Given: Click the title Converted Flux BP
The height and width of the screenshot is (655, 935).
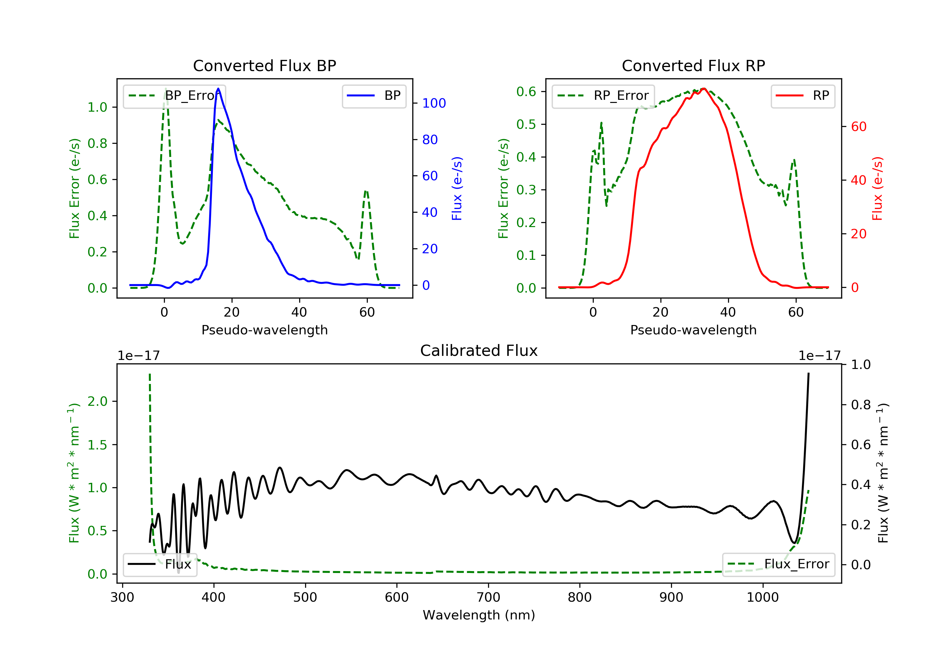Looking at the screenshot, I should [x=264, y=65].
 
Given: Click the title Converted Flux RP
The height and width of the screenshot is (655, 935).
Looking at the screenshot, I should [x=693, y=65].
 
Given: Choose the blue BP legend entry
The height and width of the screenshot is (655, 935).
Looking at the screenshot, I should [x=374, y=96].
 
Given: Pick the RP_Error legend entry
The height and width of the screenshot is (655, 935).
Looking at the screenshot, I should [x=603, y=96].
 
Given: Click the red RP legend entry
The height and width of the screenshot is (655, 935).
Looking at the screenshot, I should [x=803, y=96].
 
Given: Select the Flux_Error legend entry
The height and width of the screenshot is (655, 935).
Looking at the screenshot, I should [x=778, y=564].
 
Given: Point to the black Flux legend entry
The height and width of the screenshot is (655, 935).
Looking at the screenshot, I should [x=160, y=564].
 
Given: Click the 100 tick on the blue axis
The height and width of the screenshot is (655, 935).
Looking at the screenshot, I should [x=434, y=103].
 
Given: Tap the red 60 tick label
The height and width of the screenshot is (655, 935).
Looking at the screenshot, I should [x=858, y=127].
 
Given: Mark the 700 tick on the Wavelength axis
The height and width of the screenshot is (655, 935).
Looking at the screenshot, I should [x=488, y=598].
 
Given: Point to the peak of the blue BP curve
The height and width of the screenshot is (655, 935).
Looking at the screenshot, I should [x=218, y=89].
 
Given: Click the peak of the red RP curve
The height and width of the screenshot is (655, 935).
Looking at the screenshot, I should [x=704, y=89].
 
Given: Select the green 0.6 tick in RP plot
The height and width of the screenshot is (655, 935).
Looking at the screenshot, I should [x=526, y=92].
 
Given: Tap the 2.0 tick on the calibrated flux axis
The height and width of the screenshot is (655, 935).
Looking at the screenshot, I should [x=97, y=401].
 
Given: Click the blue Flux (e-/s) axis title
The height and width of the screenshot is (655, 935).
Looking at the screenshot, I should [x=457, y=188].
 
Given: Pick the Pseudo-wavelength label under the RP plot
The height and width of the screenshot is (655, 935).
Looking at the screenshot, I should [x=693, y=330].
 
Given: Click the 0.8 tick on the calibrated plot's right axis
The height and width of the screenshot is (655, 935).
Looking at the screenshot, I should [x=861, y=405].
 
